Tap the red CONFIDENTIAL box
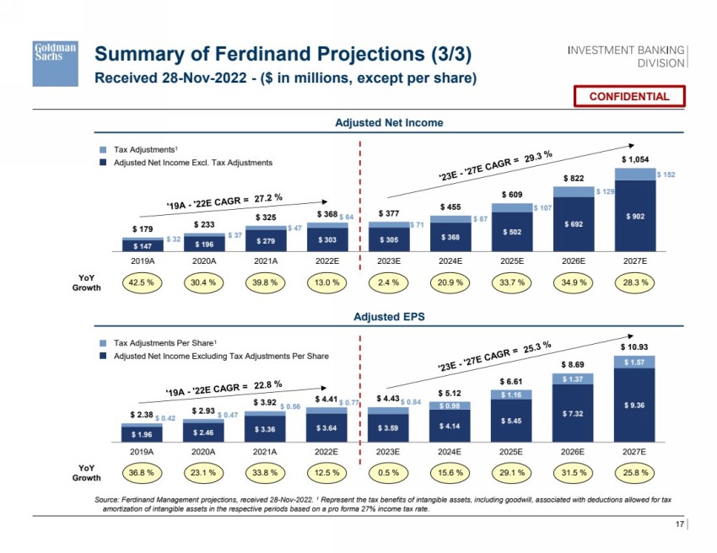pos(628,96)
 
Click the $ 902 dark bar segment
pos(635,216)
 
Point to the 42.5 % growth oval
pos(138,283)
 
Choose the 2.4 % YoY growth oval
pos(387,283)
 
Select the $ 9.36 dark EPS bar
pos(635,405)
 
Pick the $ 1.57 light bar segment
pos(635,362)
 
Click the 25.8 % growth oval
pos(635,473)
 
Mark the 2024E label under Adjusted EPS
pos(450,452)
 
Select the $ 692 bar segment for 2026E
pos(574,225)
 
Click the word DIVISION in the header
pos(660,62)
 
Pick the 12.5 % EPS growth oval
pos(325,473)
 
